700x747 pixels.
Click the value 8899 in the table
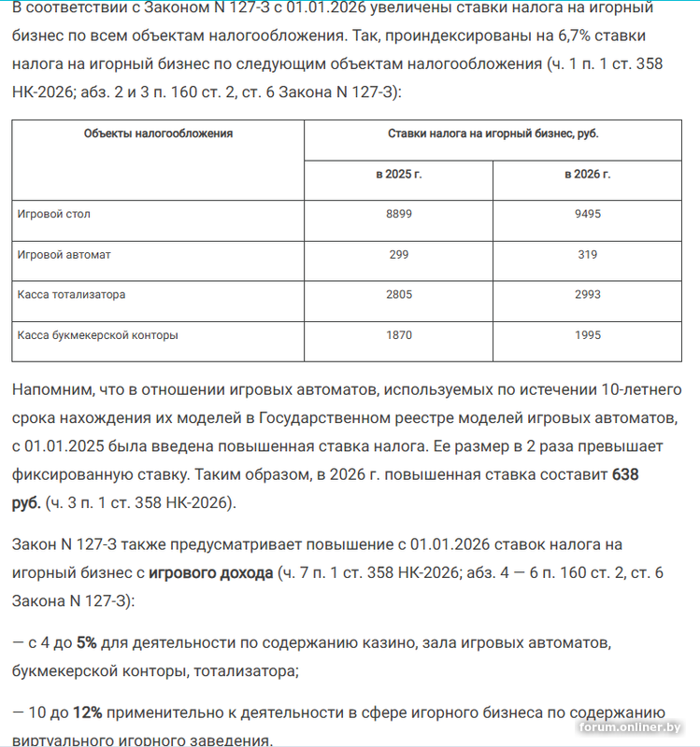[x=399, y=214]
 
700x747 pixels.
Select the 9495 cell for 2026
[x=587, y=214]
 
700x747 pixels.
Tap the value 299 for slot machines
[x=399, y=254]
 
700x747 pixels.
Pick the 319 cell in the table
[x=587, y=254]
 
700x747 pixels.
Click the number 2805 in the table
[x=399, y=294]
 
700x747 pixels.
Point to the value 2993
[x=587, y=294]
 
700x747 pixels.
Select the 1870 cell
[x=399, y=334]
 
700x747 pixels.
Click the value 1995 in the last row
[x=587, y=334]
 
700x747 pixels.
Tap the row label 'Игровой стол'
[x=54, y=214]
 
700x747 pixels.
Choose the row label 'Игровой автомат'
[x=64, y=254]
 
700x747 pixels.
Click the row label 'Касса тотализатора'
[x=71, y=294]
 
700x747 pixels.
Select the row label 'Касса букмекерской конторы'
[x=97, y=334]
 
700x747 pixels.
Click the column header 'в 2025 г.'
[x=399, y=175]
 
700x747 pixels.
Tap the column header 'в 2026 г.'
[x=587, y=175]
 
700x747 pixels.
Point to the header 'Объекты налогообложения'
[x=158, y=134]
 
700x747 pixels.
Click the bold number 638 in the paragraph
[x=625, y=474]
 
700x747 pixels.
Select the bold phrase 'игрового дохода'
[x=210, y=572]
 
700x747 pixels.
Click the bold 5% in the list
[x=87, y=643]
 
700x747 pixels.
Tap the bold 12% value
[x=87, y=712]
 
